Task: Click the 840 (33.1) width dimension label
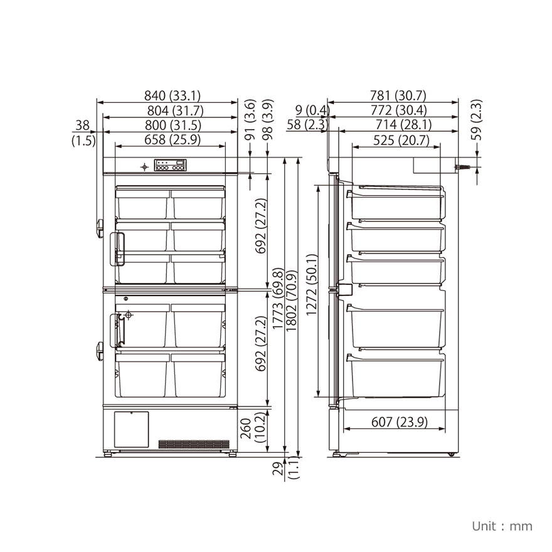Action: (x=172, y=95)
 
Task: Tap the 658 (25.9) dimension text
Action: (x=172, y=140)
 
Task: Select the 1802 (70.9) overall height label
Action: (x=292, y=301)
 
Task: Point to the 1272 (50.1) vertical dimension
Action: (x=312, y=285)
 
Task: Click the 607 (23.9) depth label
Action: (x=400, y=422)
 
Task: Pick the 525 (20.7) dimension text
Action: (x=401, y=141)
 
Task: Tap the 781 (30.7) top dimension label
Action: (x=398, y=95)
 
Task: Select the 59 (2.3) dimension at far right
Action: (x=476, y=120)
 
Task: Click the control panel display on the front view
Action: (x=170, y=165)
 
